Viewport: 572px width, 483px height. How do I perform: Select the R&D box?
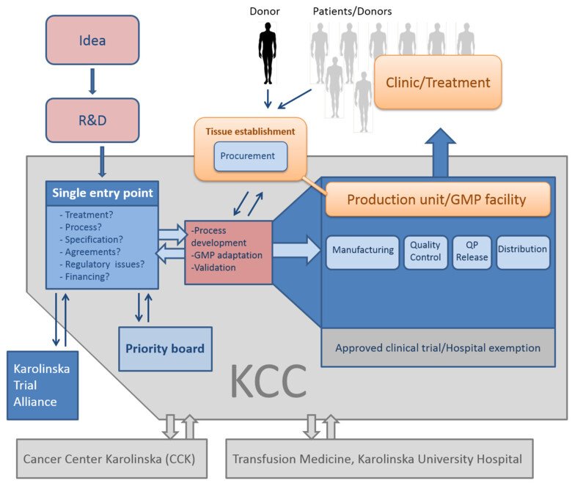(92, 119)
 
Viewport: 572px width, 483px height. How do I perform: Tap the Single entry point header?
(103, 193)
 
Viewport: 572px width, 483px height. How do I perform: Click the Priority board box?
(165, 349)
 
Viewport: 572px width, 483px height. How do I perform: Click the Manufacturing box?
(362, 250)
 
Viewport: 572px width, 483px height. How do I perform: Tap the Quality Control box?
(425, 251)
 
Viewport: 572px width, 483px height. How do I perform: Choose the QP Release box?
(471, 251)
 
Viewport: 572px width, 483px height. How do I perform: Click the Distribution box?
(522, 250)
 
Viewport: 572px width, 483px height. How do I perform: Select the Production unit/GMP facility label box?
(436, 199)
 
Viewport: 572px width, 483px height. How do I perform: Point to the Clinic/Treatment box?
(438, 83)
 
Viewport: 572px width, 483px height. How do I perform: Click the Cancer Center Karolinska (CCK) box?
(113, 460)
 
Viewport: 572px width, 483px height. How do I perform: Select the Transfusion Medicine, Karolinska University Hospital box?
(378, 460)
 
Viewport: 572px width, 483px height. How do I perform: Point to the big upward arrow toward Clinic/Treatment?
(440, 152)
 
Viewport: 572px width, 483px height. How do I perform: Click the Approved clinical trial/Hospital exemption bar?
(437, 348)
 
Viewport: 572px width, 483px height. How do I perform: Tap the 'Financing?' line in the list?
(84, 278)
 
